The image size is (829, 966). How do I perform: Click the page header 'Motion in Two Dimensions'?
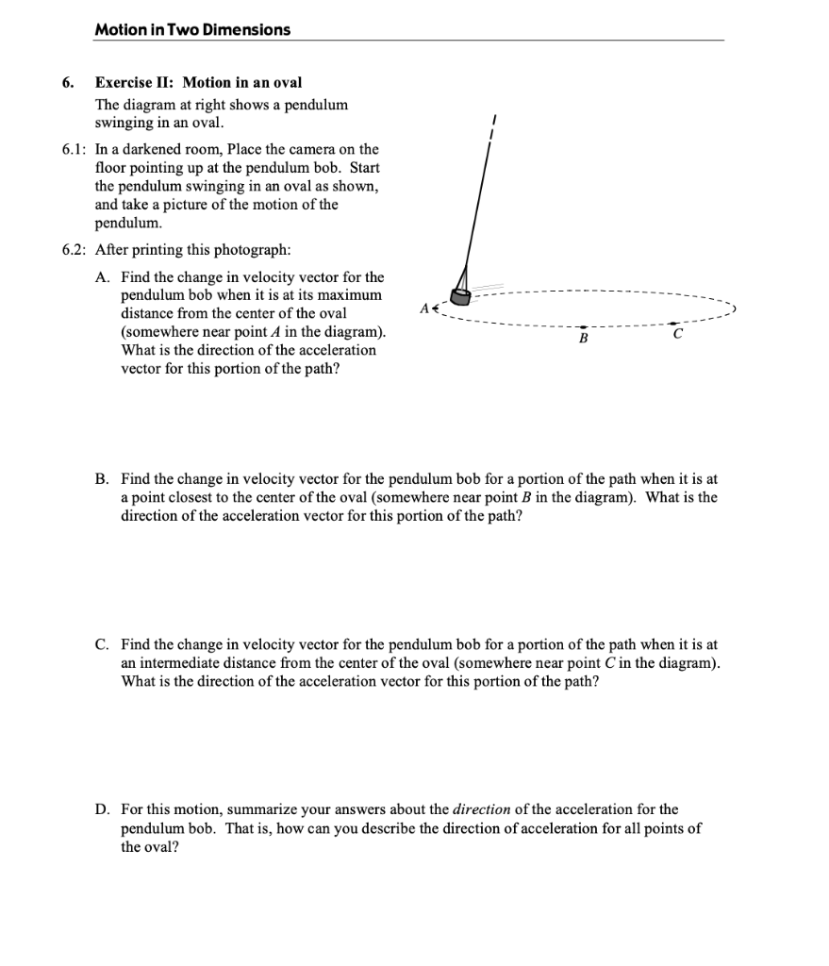tap(192, 29)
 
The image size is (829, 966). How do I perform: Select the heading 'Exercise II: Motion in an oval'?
tap(199, 82)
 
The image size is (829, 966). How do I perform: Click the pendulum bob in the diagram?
tap(460, 296)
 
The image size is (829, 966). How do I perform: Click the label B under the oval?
tap(583, 338)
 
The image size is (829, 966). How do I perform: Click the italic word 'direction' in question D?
tap(481, 810)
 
